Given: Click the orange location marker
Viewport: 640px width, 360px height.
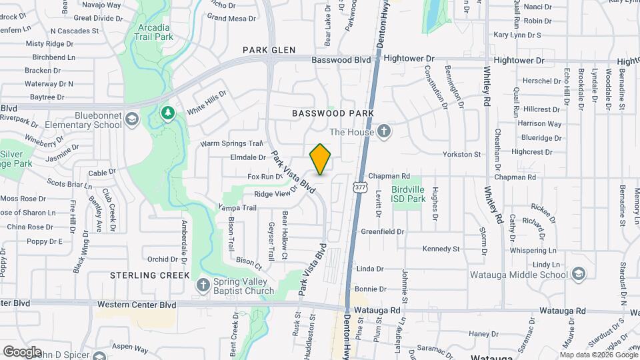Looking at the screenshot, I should (x=321, y=159).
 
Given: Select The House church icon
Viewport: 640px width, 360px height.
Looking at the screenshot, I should (x=383, y=131).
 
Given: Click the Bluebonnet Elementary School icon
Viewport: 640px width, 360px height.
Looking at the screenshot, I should (x=133, y=119).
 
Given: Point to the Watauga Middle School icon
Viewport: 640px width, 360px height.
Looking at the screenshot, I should (x=579, y=274).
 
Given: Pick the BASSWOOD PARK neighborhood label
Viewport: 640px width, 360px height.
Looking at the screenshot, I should (x=333, y=114).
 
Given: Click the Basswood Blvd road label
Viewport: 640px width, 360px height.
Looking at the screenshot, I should (x=341, y=60).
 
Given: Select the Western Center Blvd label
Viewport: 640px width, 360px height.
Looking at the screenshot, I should (x=136, y=305).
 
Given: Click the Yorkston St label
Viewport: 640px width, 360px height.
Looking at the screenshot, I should (x=463, y=155).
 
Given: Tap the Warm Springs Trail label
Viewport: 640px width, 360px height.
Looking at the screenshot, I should (x=232, y=143).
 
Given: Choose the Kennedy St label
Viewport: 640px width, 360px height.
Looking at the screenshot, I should (x=441, y=249).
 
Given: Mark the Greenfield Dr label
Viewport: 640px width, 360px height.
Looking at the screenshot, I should (x=383, y=232).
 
